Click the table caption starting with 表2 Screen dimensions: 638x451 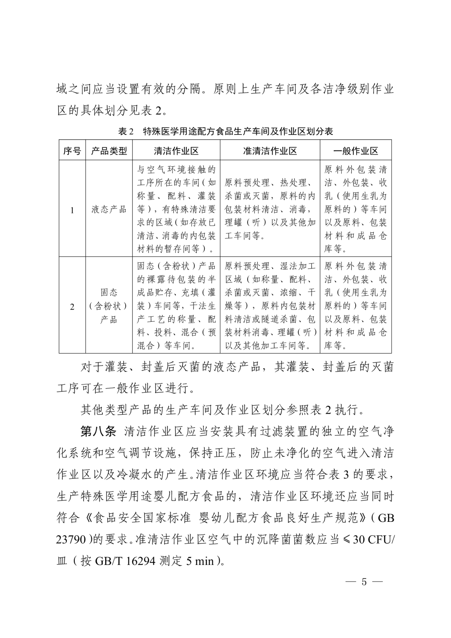[225, 132]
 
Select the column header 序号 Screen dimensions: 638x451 [72, 151]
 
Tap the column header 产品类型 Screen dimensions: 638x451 [109, 151]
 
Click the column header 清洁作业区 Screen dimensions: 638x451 [176, 151]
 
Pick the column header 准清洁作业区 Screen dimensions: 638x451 [270, 151]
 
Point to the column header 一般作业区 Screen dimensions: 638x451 [356, 151]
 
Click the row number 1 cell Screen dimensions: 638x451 [72, 210]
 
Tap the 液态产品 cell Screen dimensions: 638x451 [109, 209]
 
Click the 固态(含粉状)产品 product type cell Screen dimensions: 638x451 [109, 306]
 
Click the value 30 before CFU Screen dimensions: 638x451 [359, 539]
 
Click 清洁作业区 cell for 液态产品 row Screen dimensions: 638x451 [176, 209]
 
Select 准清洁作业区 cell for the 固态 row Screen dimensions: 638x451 [270, 306]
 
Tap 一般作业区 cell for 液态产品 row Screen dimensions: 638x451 [356, 209]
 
